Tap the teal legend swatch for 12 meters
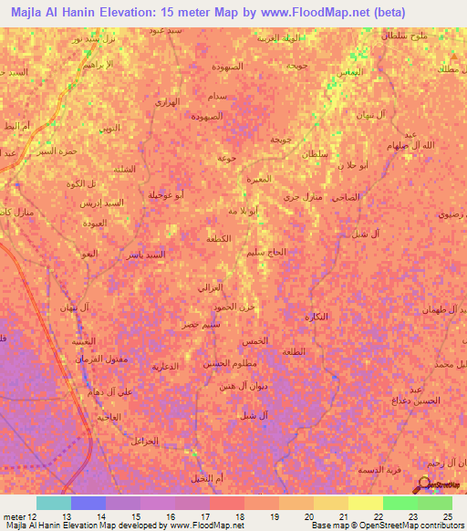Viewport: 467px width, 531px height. click(x=53, y=503)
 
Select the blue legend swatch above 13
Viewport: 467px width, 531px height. click(x=88, y=503)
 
